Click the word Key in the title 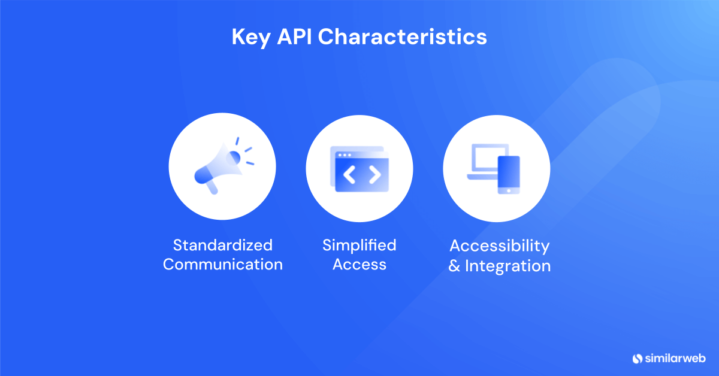point(250,38)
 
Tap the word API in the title point(294,37)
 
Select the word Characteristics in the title point(402,37)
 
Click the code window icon point(359,169)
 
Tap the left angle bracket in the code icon point(349,174)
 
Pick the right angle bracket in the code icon point(375,174)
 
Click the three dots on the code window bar point(345,155)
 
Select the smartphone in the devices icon point(509,175)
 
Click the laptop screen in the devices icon point(490,157)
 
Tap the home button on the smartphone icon point(509,191)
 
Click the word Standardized point(223,245)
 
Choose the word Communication point(223,265)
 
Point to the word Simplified point(359,246)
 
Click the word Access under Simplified point(359,265)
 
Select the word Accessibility point(500,247)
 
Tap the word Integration point(508,266)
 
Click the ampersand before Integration point(454,266)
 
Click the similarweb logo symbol point(638,359)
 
